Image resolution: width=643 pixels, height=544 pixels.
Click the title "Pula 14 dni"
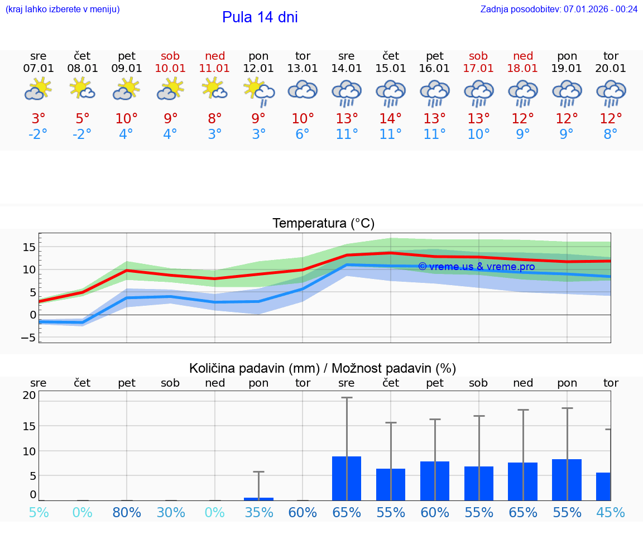point(260,17)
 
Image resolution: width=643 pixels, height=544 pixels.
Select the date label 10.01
point(170,69)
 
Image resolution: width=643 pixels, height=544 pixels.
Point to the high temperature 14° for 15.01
point(390,119)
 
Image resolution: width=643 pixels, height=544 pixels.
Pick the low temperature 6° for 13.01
point(303,134)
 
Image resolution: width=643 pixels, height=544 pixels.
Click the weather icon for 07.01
point(38,90)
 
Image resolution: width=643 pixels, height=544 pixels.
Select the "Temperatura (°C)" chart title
point(323,224)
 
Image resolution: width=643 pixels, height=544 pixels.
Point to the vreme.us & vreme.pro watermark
point(476,267)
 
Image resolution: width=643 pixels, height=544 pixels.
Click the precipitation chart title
point(323,368)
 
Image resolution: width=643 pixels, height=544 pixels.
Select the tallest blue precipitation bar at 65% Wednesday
point(347,478)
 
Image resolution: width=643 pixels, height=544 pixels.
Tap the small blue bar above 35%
point(258,499)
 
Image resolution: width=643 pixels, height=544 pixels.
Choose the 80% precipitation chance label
point(127,512)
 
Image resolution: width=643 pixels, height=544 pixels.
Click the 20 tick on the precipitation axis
point(30,395)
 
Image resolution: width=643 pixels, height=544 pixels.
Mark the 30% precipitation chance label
point(170,512)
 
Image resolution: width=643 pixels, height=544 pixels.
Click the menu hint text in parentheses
point(63,9)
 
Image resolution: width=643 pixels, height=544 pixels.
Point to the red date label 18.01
point(522,69)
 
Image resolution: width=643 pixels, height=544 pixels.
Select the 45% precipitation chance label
point(611,512)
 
